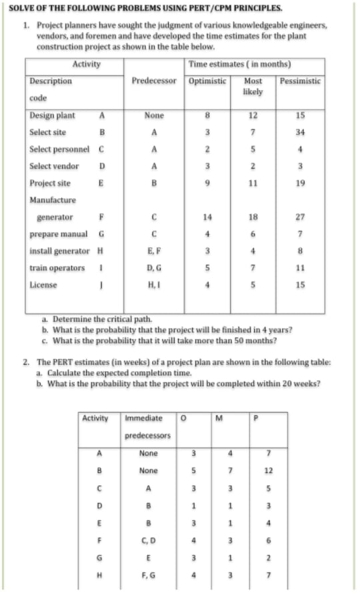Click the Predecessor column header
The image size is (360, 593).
(x=153, y=81)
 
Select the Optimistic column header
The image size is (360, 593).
(x=207, y=81)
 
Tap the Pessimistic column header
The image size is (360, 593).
(x=301, y=81)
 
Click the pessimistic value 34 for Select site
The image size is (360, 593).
(x=300, y=132)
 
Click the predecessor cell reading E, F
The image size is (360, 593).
(x=153, y=251)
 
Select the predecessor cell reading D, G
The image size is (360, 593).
(x=153, y=268)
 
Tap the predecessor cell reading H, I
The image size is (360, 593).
(x=153, y=285)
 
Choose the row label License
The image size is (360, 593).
(x=42, y=285)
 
